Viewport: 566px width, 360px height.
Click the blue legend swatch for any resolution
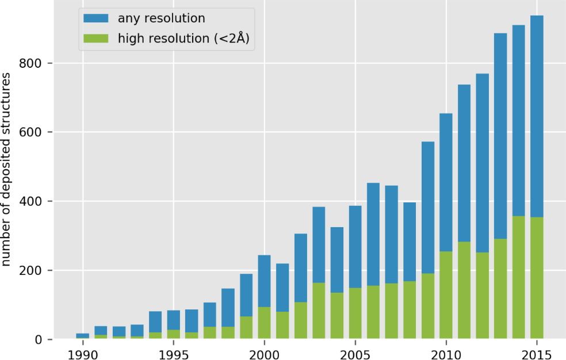pyautogui.click(x=97, y=18)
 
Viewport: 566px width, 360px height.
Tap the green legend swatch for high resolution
pyautogui.click(x=97, y=39)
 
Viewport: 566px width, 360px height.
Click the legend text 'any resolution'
pyautogui.click(x=161, y=18)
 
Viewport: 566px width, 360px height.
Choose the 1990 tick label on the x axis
pyautogui.click(x=83, y=351)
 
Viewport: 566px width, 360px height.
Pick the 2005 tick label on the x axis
pyautogui.click(x=355, y=351)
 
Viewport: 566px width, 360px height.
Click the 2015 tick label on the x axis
pyautogui.click(x=537, y=351)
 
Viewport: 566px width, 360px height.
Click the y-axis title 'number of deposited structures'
pyautogui.click(x=7, y=170)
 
